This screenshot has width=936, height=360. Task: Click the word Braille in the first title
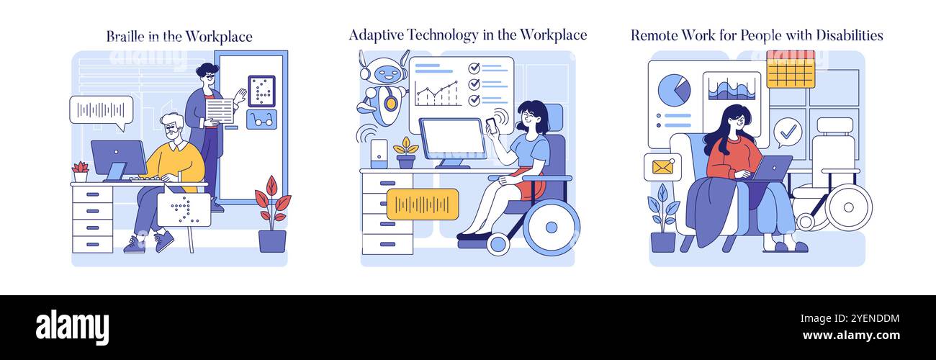pyautogui.click(x=125, y=36)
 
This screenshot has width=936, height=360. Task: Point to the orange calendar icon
pyautogui.click(x=790, y=70)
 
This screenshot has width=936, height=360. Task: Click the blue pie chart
pyautogui.click(x=674, y=89)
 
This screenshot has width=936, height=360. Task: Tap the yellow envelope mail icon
pyautogui.click(x=662, y=167)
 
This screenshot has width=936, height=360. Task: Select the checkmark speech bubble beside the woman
pyautogui.click(x=788, y=132)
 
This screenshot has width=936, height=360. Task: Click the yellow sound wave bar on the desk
pyautogui.click(x=422, y=204)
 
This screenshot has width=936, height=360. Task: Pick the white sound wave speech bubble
pyautogui.click(x=102, y=110)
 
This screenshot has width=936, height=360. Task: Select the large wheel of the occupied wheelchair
pyautogui.click(x=551, y=227)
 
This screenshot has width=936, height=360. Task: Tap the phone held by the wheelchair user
pyautogui.click(x=491, y=124)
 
